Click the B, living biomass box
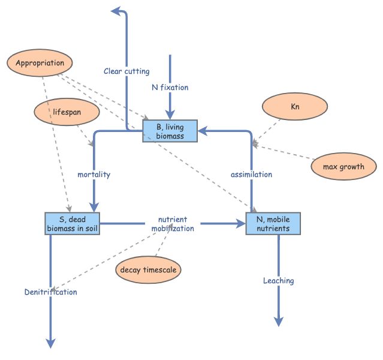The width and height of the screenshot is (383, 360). tap(170, 131)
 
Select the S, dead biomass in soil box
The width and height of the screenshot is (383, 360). tap(72, 223)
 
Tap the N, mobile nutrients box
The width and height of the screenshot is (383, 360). tap(273, 223)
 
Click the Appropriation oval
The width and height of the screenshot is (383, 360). tap(40, 63)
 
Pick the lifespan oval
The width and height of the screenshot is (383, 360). tap(67, 112)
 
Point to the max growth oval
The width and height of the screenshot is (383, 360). tap(344, 166)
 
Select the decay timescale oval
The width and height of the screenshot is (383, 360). tap(147, 269)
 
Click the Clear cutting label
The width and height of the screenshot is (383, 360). tap(126, 71)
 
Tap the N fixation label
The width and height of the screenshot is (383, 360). tap(170, 88)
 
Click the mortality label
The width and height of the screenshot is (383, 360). tap(94, 175)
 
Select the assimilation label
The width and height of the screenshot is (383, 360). tap(252, 175)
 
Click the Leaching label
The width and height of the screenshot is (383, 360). tap(279, 280)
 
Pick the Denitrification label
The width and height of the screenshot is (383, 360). tap(51, 292)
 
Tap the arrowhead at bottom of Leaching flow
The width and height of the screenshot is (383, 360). tap(279, 322)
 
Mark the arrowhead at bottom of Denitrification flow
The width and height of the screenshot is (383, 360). tap(51, 343)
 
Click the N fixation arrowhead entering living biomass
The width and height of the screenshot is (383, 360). tap(170, 115)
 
